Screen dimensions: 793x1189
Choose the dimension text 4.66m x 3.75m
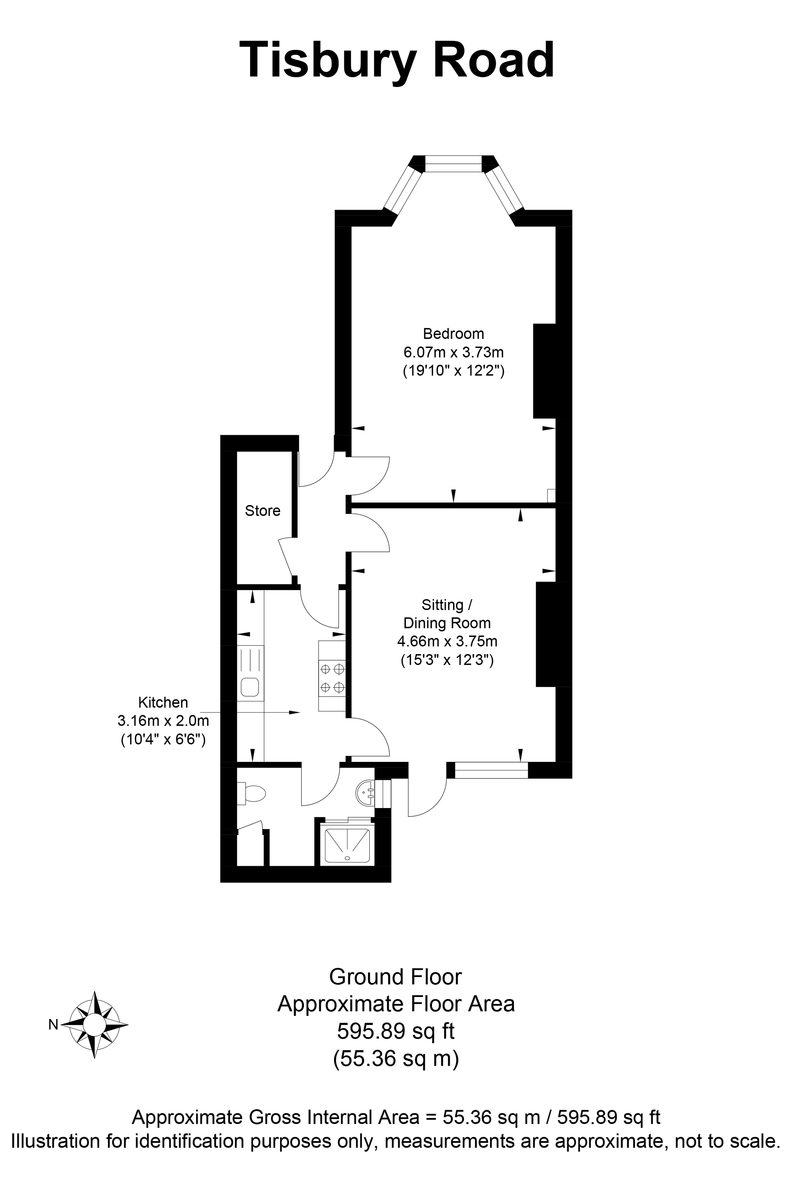click(x=447, y=642)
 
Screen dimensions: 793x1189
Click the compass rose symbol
click(x=94, y=1025)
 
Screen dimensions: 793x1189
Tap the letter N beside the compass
click(x=53, y=1025)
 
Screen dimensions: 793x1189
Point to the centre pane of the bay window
click(x=454, y=164)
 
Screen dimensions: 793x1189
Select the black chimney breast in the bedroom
click(x=545, y=371)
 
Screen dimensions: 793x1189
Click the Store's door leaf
click(x=286, y=557)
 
